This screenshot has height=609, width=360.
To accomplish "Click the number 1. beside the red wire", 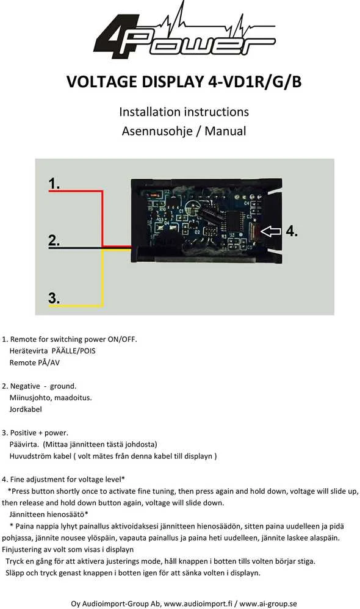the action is point(54,183).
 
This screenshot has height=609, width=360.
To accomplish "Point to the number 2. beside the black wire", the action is point(54,240).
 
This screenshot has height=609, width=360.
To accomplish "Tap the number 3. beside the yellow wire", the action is point(54,298).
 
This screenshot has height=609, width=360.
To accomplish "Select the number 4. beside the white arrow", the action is point(292,231).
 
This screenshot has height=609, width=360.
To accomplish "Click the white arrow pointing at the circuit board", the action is point(271,231).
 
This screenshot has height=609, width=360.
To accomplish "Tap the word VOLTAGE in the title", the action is point(102,82).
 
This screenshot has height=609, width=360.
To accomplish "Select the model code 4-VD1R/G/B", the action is point(255,82).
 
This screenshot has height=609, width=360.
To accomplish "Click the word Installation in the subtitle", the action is point(148,112).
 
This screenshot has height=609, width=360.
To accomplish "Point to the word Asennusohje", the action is point(157,131).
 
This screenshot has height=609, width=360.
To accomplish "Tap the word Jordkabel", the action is point(26,409).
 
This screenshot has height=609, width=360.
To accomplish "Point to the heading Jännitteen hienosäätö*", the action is point(49,514).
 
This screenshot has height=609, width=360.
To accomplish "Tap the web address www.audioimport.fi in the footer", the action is point(198,604).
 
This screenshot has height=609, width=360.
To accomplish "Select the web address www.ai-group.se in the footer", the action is point(268,604).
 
